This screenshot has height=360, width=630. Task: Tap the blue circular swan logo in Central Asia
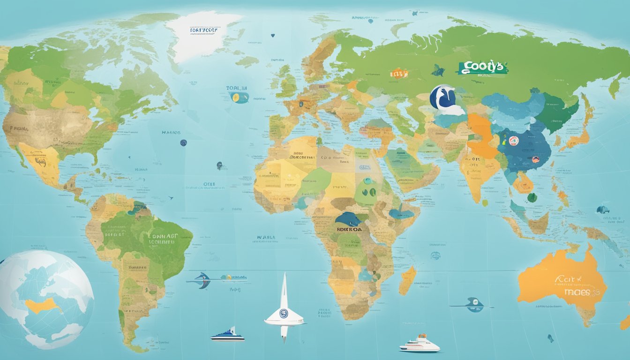click(442, 97)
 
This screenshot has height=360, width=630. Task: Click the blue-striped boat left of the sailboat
click(227, 335)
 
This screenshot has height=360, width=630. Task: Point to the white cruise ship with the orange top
click(420, 345)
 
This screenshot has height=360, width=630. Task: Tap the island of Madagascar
click(407, 280)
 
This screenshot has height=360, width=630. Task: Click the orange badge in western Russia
click(399, 73)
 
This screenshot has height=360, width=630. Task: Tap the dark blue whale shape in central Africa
click(348, 219)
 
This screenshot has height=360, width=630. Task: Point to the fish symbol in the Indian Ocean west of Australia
click(474, 304)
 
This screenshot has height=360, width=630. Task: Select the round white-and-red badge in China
click(513, 140)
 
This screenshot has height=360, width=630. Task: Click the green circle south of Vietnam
click(532, 197)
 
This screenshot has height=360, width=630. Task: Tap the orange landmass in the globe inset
click(43, 306)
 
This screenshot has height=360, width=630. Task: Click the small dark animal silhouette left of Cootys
click(438, 71)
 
